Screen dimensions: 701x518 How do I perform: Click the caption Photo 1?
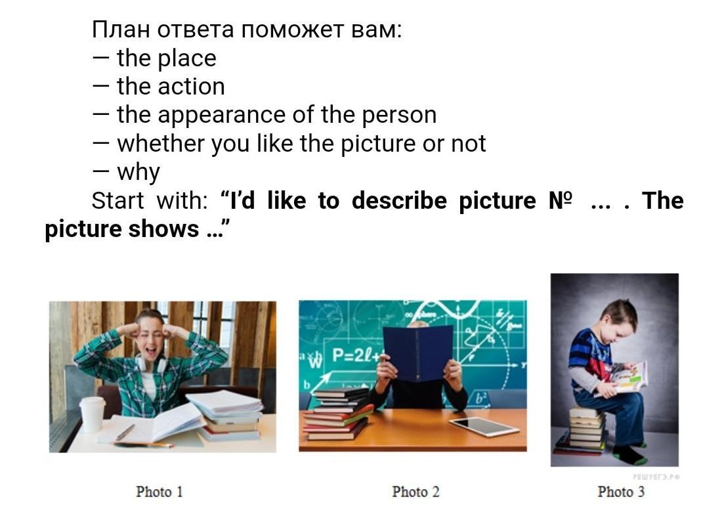tap(159, 492)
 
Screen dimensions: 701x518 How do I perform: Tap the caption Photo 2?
tap(415, 492)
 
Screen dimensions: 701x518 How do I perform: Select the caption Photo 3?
tap(622, 492)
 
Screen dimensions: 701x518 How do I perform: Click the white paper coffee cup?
tap(92, 414)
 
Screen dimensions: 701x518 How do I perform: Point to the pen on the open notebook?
tap(125, 432)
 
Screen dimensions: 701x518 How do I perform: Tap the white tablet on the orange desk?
tap(484, 425)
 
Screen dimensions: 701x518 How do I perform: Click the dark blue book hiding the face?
tap(417, 353)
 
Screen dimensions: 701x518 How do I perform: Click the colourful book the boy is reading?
tap(628, 378)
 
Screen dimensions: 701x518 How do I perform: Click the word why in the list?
tap(138, 173)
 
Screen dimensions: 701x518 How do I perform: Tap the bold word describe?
tap(399, 200)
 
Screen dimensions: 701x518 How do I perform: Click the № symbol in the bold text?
tap(560, 200)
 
